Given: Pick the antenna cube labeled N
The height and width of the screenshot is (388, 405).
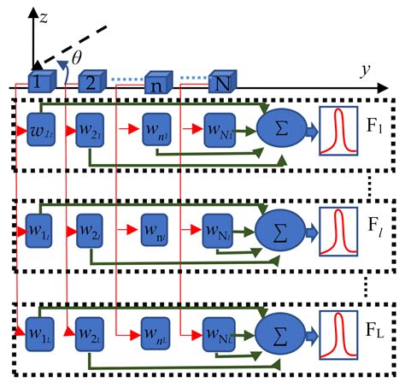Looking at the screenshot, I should tap(222, 81).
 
